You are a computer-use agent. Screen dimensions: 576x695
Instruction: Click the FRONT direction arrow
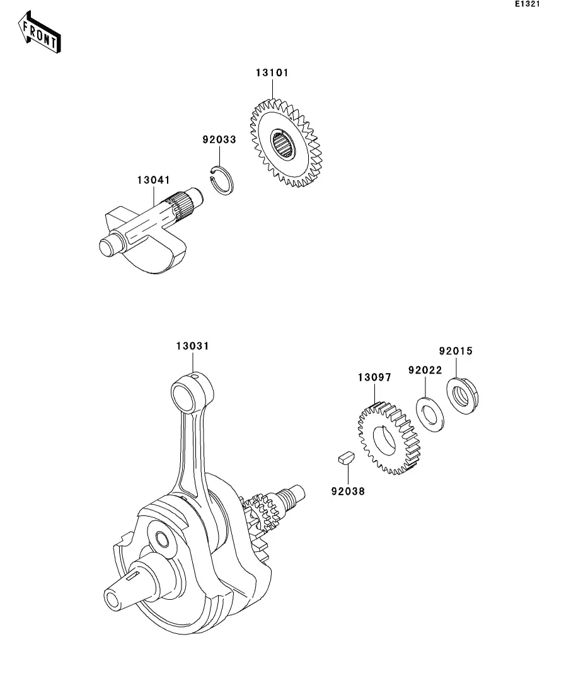[x=40, y=32]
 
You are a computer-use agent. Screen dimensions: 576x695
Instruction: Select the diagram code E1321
[x=527, y=4]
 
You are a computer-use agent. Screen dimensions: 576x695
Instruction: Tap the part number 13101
[x=272, y=72]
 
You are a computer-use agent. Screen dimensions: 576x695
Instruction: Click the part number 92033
[x=219, y=140]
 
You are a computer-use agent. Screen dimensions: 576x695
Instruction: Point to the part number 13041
[x=153, y=180]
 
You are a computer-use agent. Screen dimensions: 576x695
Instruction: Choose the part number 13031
[x=192, y=346]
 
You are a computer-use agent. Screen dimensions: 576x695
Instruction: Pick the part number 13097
[x=375, y=377]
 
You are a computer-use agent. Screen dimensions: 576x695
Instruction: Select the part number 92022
[x=425, y=370]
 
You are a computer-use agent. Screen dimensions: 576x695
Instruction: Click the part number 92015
[x=456, y=351]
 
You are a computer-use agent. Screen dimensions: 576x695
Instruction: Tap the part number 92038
[x=348, y=491]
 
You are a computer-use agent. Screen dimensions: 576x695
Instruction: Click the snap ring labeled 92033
[x=221, y=180]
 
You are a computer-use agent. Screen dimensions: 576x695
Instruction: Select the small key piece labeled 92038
[x=346, y=457]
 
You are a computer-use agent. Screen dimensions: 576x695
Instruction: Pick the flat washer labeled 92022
[x=430, y=415]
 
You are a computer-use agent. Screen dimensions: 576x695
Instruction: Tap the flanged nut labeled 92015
[x=463, y=395]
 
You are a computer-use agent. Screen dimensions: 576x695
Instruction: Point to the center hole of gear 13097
[x=384, y=440]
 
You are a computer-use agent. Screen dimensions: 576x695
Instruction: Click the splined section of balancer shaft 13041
[x=183, y=205]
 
